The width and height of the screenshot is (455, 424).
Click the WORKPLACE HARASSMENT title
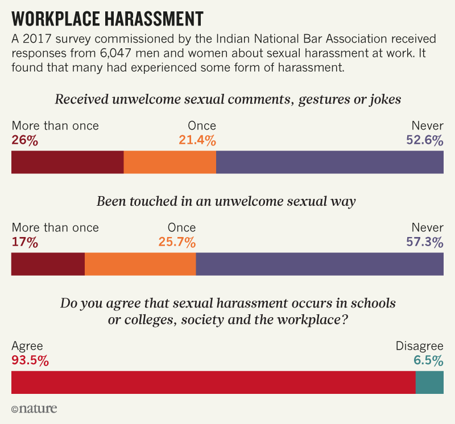[x=107, y=19]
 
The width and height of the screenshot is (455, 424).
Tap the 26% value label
[x=24, y=140]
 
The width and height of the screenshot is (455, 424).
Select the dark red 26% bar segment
[x=67, y=162]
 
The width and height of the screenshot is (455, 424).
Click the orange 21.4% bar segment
[x=169, y=162]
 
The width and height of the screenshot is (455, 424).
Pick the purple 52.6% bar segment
[x=329, y=162]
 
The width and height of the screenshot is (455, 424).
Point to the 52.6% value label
[x=424, y=140]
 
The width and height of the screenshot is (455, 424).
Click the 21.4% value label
[x=197, y=140]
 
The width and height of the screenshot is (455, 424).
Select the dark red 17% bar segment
[x=48, y=264]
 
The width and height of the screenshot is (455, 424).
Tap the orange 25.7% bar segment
[x=140, y=264]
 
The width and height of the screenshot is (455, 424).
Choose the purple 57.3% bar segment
[x=319, y=264]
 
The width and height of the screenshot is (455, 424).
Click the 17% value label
[x=24, y=242]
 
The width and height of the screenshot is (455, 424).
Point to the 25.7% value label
[x=177, y=242]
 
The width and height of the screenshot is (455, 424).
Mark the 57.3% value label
[x=424, y=242]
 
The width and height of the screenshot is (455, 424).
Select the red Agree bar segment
[x=213, y=383]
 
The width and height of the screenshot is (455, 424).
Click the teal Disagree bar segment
[x=429, y=383]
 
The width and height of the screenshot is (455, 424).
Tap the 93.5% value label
[x=30, y=360]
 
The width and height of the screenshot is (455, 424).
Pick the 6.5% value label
[x=428, y=360]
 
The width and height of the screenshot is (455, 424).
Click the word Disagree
[x=420, y=346]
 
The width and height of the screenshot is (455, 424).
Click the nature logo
[x=34, y=409]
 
